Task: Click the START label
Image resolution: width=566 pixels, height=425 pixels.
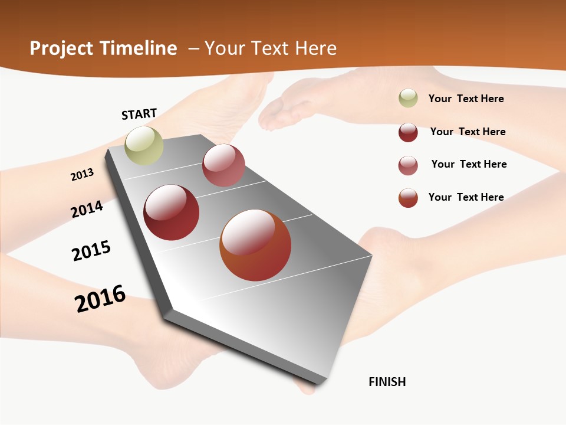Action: [139, 114]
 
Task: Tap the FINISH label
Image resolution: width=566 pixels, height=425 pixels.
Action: [387, 382]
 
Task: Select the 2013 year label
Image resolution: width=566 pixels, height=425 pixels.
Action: [82, 174]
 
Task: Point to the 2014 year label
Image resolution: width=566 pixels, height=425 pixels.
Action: [87, 209]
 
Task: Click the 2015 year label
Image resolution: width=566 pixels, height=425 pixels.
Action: [91, 251]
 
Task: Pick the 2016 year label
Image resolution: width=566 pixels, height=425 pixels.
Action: [100, 299]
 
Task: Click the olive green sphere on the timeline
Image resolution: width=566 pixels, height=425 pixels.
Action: [144, 145]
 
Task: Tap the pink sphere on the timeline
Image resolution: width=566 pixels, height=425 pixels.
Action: [223, 165]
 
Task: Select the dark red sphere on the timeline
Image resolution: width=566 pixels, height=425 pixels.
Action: [172, 212]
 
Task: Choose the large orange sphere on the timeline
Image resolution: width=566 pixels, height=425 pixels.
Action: [255, 245]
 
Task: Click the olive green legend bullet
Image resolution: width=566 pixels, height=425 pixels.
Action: [408, 99]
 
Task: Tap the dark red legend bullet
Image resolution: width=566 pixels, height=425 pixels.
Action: [408, 132]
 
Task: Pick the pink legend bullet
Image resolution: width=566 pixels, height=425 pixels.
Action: [408, 165]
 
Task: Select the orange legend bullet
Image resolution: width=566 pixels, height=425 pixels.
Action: [408, 198]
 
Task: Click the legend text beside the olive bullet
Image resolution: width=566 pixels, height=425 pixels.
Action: [466, 99]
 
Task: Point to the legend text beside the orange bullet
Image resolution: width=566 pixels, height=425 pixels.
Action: [466, 197]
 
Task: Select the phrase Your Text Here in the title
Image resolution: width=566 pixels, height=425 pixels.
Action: [271, 48]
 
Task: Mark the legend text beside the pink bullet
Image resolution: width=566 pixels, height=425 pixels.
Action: [469, 164]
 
